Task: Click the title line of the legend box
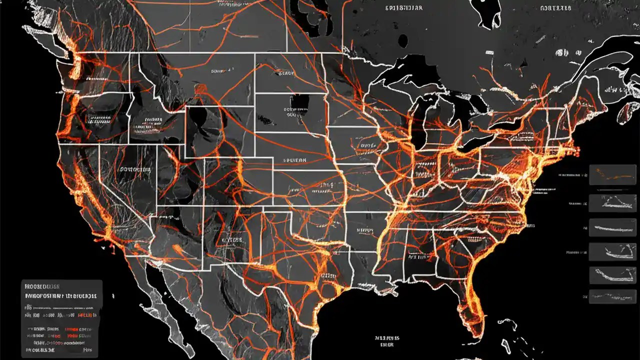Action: tap(42, 287)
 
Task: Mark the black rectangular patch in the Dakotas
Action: tap(299, 103)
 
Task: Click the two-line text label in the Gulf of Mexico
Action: tap(387, 341)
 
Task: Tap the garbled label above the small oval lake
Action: tap(404, 8)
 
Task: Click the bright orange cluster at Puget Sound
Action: tap(80, 62)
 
